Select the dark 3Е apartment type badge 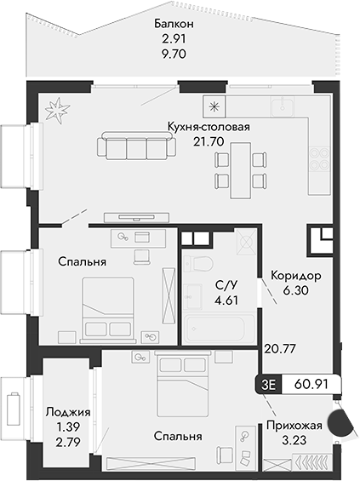tap(271, 385)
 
